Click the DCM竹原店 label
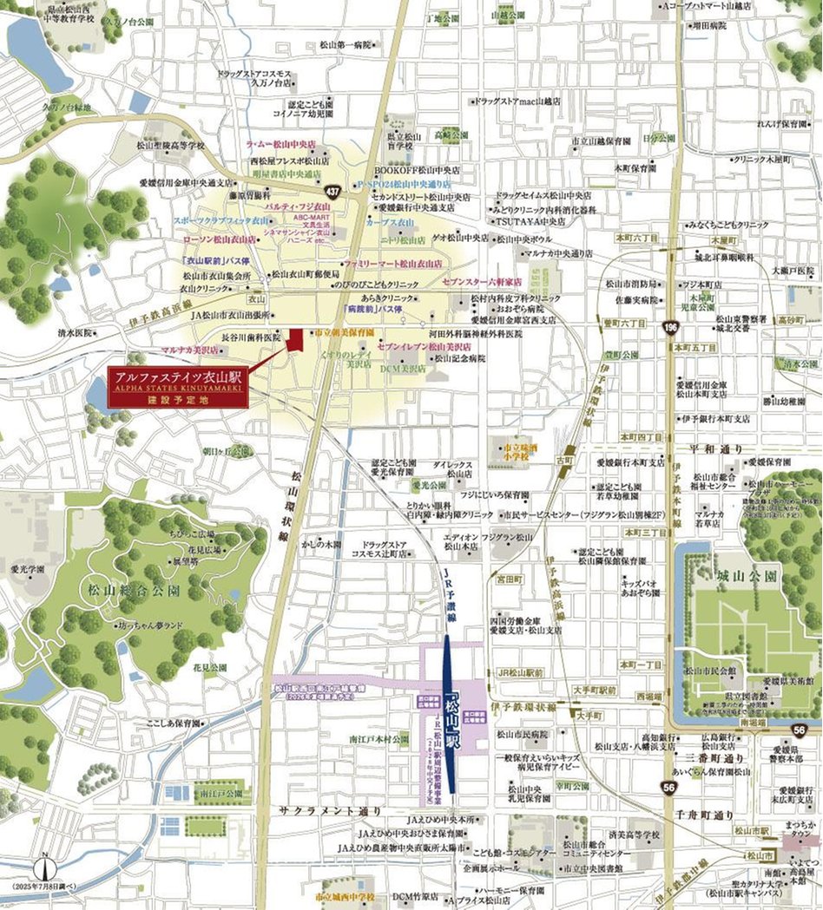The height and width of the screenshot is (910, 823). (x=415, y=895)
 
